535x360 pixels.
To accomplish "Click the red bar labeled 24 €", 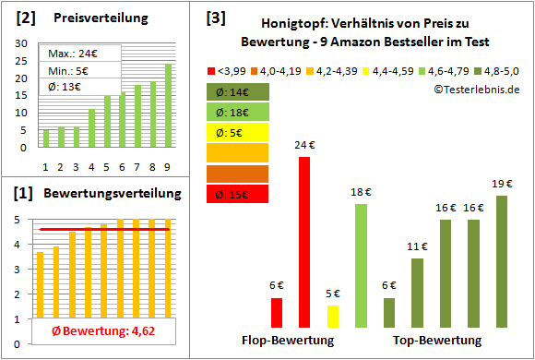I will [x=303, y=242].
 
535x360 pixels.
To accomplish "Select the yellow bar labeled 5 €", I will [x=333, y=317].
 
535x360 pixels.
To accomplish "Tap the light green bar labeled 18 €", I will [x=361, y=266].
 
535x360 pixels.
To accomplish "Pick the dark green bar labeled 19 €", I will [x=502, y=261].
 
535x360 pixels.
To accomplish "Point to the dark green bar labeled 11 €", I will [x=417, y=293].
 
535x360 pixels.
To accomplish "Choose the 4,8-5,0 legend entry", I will [x=498, y=70].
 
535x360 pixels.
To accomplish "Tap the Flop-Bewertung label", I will [x=288, y=341].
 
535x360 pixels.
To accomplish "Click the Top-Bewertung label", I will [x=437, y=341].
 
